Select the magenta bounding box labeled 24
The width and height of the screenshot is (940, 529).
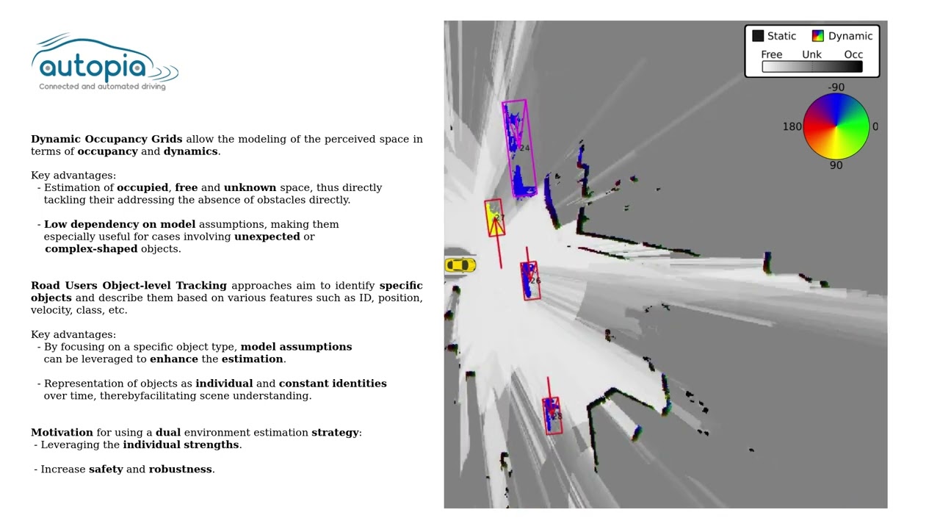pos(519,148)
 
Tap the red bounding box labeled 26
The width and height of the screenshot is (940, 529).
pos(531,281)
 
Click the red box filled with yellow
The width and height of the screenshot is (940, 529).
pos(495,217)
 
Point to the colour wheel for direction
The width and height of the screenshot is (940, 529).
pos(836,126)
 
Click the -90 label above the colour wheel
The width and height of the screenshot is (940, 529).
pos(836,87)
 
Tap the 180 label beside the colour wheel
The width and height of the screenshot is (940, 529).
pos(792,127)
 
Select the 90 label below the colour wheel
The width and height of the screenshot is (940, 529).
pos(836,165)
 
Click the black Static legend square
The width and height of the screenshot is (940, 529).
pos(758,36)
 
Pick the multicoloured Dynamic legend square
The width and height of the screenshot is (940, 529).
pos(817,36)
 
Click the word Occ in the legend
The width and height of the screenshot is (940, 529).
pos(853,54)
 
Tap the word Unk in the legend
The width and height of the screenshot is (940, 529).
pos(811,54)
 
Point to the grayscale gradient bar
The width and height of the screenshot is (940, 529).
pos(812,67)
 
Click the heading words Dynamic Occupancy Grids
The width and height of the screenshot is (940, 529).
pos(106,139)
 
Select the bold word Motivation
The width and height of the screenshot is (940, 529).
pos(62,432)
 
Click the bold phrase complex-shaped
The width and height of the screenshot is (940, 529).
pos(91,248)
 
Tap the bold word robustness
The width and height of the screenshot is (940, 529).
pos(180,469)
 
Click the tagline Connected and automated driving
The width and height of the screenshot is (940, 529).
pos(102,87)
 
